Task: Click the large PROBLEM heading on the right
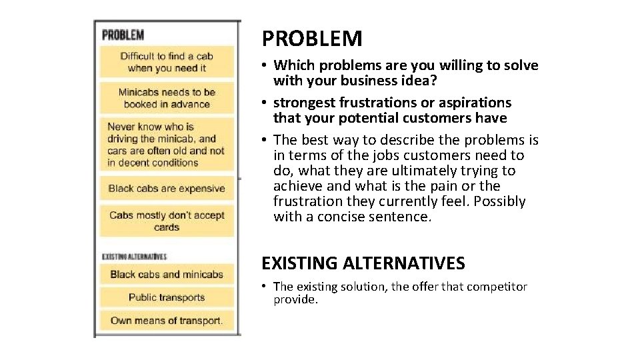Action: (x=312, y=39)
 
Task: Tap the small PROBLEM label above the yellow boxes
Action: (x=123, y=34)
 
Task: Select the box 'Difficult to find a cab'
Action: (x=167, y=61)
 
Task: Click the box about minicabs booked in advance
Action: (x=167, y=98)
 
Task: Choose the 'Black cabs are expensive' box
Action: (x=167, y=189)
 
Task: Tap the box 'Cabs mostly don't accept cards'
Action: (x=167, y=221)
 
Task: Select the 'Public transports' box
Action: (x=167, y=297)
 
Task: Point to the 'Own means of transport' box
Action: (x=167, y=321)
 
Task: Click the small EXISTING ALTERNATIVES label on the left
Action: (x=134, y=256)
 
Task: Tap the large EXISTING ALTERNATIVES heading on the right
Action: (x=363, y=263)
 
